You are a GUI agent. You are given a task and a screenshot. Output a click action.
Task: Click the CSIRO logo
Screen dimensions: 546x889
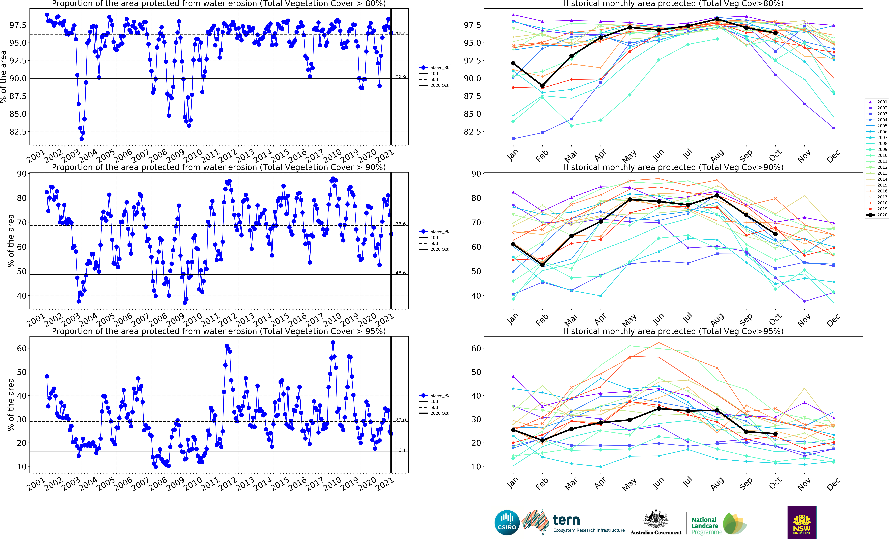[507, 523]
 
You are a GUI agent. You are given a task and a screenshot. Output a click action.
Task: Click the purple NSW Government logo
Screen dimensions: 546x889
[802, 523]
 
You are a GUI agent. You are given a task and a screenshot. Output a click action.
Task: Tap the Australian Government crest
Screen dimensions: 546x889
[656, 520]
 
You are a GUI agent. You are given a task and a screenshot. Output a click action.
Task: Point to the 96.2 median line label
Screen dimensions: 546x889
[400, 33]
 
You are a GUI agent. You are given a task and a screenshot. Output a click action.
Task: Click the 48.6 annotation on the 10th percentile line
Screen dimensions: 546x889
[400, 273]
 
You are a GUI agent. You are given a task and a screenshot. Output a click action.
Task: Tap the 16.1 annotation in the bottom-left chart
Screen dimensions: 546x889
[400, 450]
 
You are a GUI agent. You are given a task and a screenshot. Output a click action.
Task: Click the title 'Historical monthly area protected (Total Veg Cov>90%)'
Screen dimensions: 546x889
[673, 167]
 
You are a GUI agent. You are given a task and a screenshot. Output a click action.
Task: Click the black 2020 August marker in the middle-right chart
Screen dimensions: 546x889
[717, 195]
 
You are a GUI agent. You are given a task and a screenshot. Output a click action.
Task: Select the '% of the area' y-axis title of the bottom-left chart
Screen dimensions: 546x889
[11, 404]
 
